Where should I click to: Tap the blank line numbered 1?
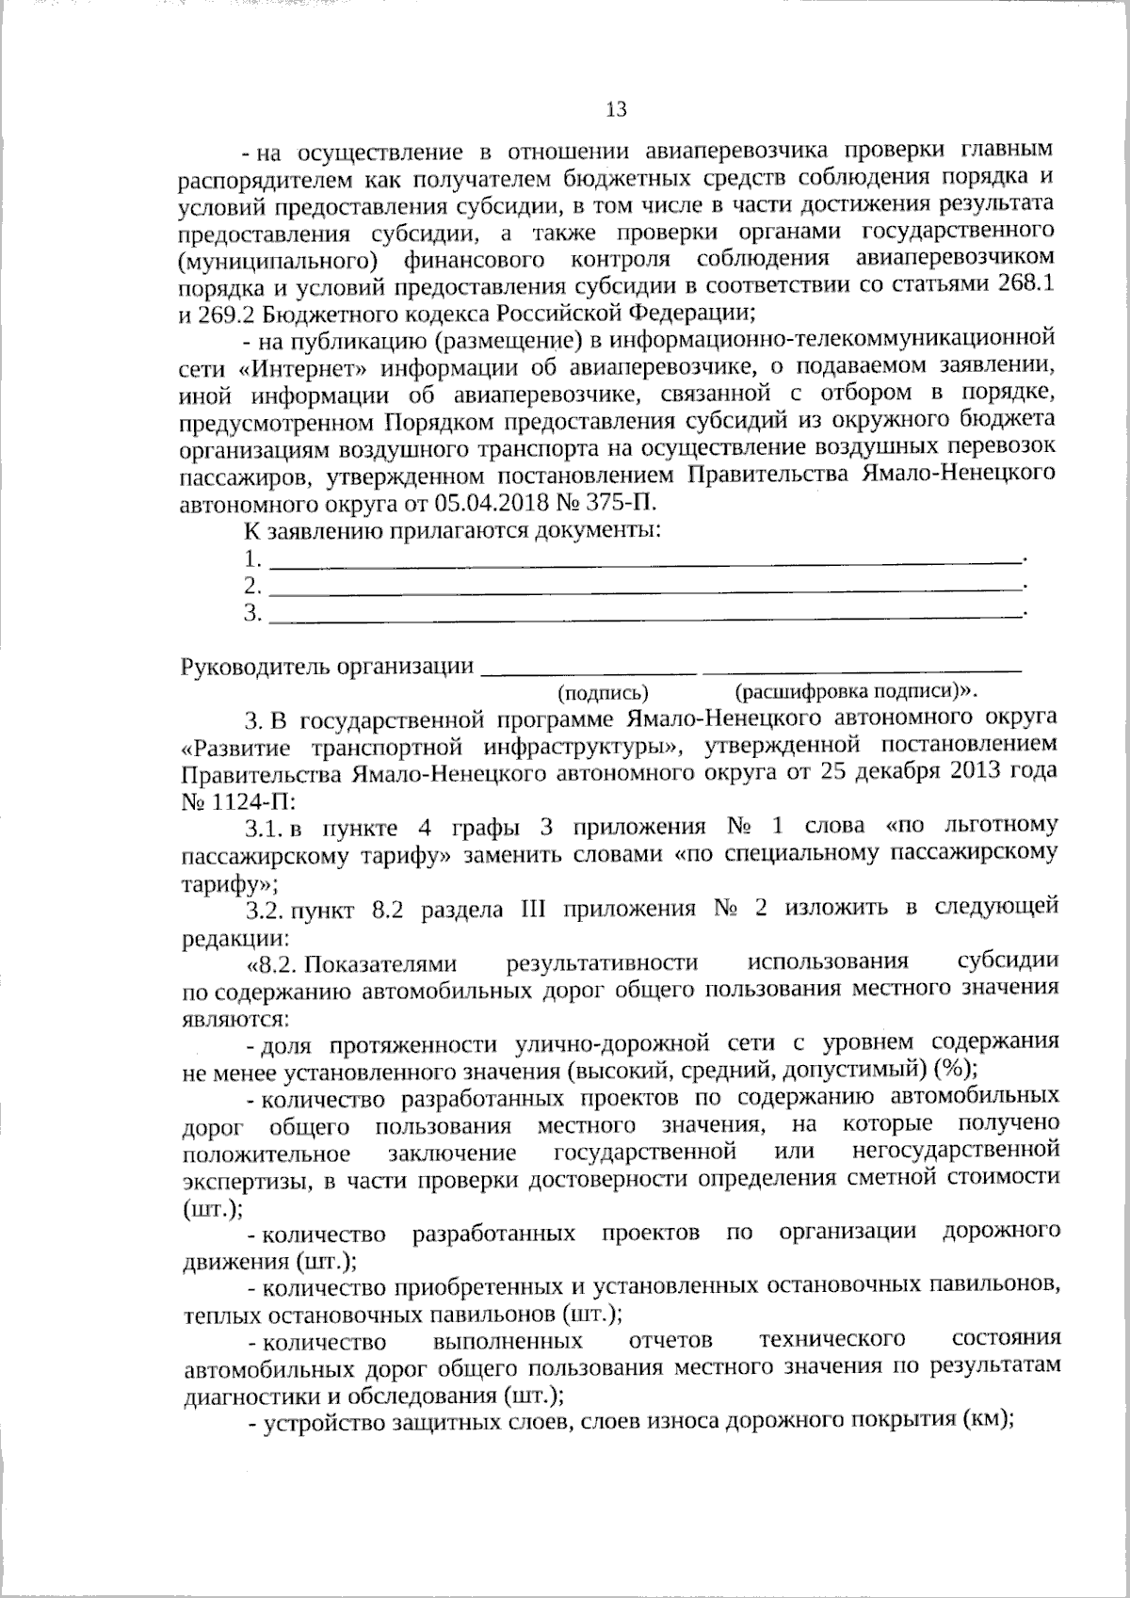click(646, 561)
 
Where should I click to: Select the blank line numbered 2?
click(646, 589)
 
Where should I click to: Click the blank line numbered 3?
click(646, 616)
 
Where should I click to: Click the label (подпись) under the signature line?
click(604, 694)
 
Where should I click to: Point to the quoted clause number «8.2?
click(270, 964)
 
